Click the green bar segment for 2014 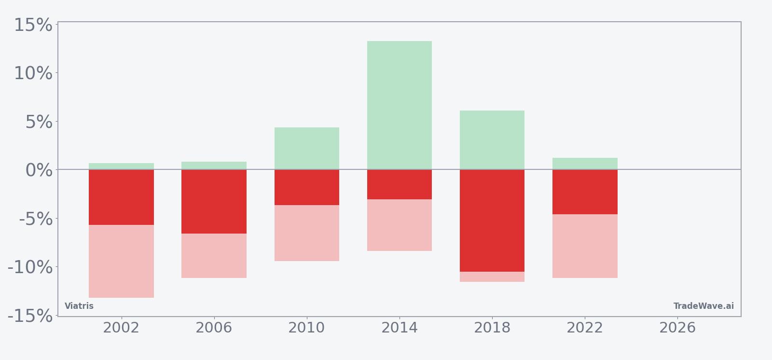click(400, 105)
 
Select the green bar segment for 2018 click(492, 140)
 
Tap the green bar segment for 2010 click(307, 148)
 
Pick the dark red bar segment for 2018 click(492, 221)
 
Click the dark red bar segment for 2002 click(121, 197)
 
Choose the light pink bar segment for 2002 click(121, 261)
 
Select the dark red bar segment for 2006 click(214, 201)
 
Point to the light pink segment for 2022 click(585, 246)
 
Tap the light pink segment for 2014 click(400, 225)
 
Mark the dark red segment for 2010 click(307, 187)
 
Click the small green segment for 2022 click(585, 164)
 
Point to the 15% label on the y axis click(33, 25)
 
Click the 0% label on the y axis click(39, 170)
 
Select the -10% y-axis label click(30, 267)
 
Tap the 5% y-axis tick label click(39, 122)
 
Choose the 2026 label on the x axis click(677, 328)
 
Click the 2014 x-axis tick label click(400, 328)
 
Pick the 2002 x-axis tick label click(121, 328)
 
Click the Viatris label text click(79, 306)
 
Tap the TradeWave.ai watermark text click(703, 306)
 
